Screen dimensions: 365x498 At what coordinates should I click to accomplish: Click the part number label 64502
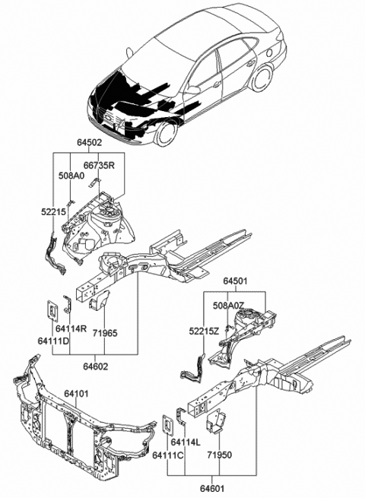(x=89, y=143)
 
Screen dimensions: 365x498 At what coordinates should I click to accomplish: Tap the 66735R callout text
(x=99, y=166)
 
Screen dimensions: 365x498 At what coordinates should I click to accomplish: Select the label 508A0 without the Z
(x=71, y=176)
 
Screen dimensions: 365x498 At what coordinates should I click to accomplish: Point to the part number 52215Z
(x=204, y=331)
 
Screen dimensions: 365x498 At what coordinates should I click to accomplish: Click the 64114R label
(x=71, y=328)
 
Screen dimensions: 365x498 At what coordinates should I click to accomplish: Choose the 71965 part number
(x=105, y=333)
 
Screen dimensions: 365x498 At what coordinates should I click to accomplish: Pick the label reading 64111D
(x=53, y=341)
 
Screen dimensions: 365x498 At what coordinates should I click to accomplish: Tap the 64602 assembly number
(x=96, y=366)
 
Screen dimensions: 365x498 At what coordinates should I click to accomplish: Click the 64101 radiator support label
(x=76, y=394)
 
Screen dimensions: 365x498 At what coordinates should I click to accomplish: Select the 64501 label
(x=235, y=281)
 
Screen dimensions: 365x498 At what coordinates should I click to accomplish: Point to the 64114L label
(x=186, y=442)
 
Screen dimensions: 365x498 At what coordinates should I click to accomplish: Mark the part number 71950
(x=220, y=455)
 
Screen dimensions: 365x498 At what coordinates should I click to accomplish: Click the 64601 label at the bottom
(x=212, y=488)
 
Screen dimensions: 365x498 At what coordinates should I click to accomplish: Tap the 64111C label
(x=168, y=455)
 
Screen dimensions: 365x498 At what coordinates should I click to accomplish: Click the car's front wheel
(x=166, y=133)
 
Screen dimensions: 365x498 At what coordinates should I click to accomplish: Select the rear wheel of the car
(x=262, y=78)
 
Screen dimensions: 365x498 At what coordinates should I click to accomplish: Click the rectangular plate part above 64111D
(x=52, y=310)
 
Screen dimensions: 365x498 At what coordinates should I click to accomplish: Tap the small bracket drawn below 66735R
(x=94, y=183)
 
